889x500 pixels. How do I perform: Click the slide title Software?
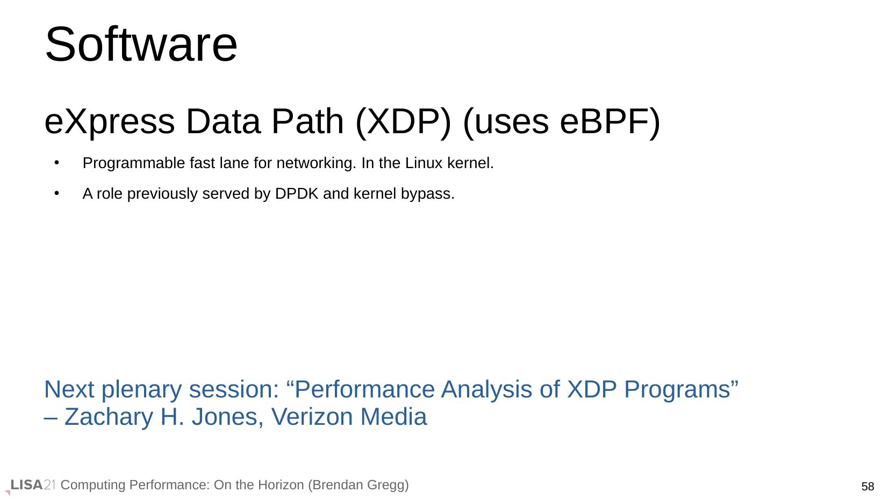coord(141,44)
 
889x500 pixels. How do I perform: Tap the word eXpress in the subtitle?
coord(110,122)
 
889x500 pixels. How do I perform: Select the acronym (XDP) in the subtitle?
coord(403,122)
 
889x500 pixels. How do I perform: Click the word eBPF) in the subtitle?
coord(610,122)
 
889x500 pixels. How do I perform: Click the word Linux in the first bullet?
coord(424,163)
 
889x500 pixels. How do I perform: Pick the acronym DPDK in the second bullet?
coord(297,193)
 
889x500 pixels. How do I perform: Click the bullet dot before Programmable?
coord(57,163)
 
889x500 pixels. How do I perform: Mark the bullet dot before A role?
coord(57,193)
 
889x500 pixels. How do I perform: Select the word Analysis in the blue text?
coord(486,390)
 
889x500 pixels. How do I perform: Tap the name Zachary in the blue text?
coord(109,417)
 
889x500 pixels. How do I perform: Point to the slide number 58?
coord(868,487)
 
